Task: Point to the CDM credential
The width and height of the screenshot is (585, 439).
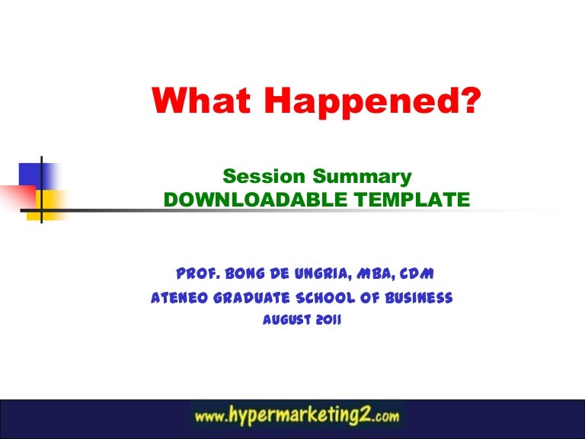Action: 421,273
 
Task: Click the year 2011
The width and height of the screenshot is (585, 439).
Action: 326,321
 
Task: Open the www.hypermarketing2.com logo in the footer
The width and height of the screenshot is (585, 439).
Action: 297,417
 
